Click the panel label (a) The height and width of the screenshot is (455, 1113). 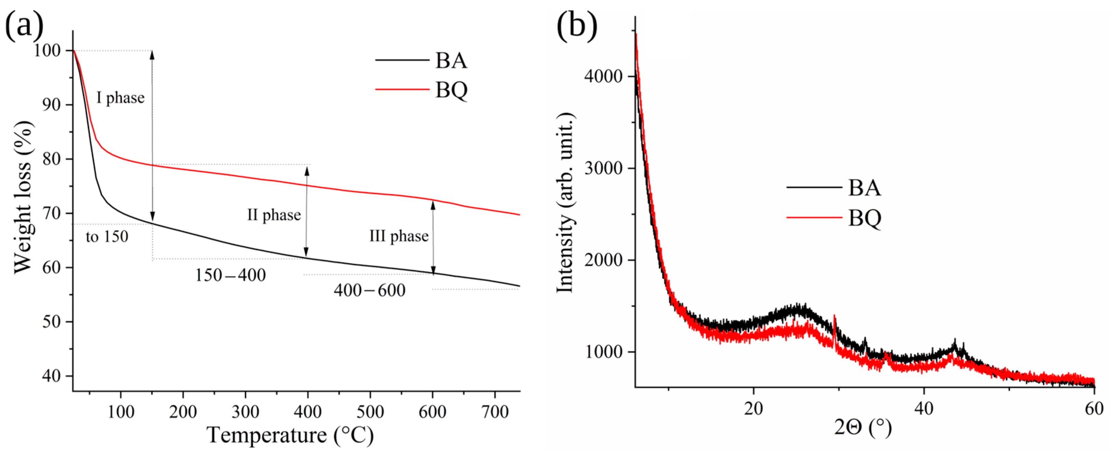[24, 25]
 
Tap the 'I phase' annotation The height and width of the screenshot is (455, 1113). [120, 98]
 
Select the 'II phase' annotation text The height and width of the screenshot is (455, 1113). [274, 215]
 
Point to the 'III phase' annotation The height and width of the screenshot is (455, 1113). [399, 236]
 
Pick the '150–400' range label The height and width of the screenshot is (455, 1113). [230, 275]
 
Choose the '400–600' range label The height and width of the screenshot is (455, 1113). [370, 290]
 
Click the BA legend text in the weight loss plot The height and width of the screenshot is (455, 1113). [451, 60]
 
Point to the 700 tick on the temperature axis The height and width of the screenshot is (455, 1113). [495, 411]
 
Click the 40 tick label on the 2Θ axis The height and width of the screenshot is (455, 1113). [924, 408]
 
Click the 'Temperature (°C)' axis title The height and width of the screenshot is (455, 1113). [290, 435]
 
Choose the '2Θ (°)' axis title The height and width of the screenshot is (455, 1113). [863, 428]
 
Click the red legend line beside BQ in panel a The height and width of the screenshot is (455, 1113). [402, 89]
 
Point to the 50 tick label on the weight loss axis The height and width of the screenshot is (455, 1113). [51, 322]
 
